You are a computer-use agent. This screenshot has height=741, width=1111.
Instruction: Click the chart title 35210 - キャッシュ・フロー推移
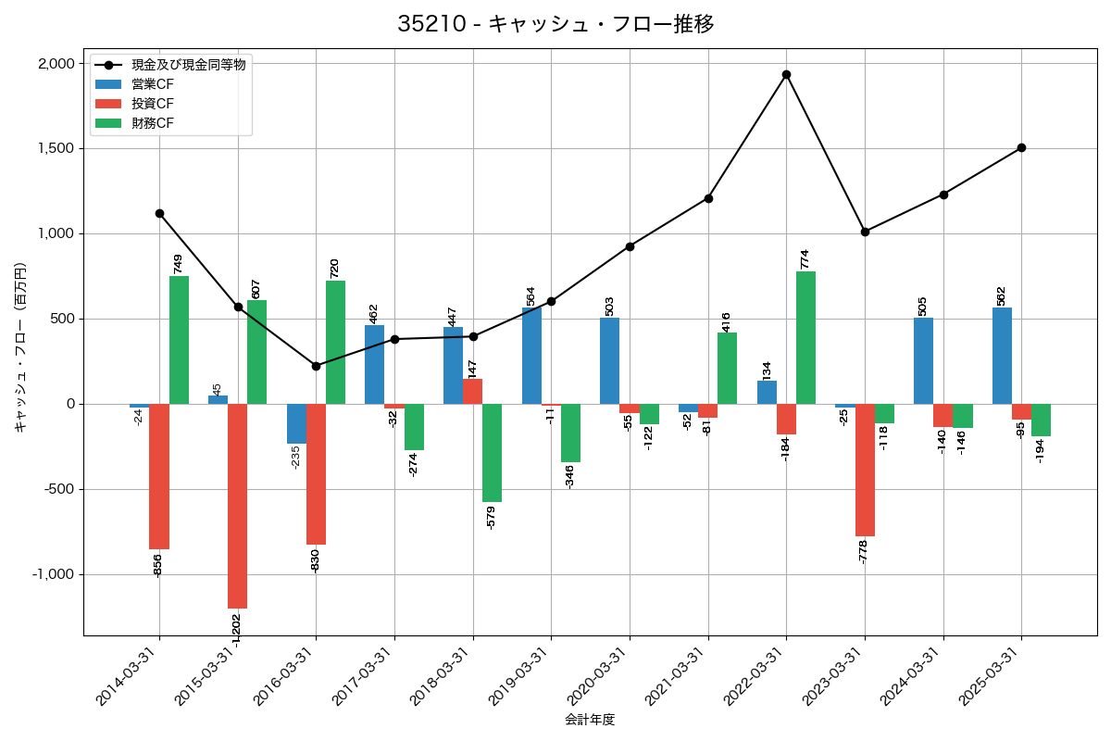pos(555,24)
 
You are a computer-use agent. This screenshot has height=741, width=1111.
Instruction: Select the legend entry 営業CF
pos(152,84)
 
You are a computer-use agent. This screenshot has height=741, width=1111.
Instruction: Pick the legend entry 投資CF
pos(152,104)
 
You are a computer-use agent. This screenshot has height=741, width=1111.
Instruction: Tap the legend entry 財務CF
pos(152,123)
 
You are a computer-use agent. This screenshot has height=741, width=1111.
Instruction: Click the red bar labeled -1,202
pos(237,506)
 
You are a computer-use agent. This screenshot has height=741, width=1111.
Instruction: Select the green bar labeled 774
pos(805,337)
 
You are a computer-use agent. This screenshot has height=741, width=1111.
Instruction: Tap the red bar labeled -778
pos(865,470)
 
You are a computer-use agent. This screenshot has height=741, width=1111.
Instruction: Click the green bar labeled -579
pos(492,453)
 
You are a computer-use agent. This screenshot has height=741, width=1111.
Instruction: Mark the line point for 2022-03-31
pos(786,74)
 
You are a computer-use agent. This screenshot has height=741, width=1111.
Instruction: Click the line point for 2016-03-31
pos(316,366)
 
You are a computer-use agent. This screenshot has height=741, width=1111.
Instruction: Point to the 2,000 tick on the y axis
pos(56,63)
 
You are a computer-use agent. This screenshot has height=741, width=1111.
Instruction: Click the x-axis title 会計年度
pos(590,720)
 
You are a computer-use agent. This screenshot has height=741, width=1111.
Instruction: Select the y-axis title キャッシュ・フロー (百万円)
pos(20,348)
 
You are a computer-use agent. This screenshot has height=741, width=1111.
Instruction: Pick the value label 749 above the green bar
pos(179,263)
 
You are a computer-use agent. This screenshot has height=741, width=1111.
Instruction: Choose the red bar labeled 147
pos(472,391)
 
